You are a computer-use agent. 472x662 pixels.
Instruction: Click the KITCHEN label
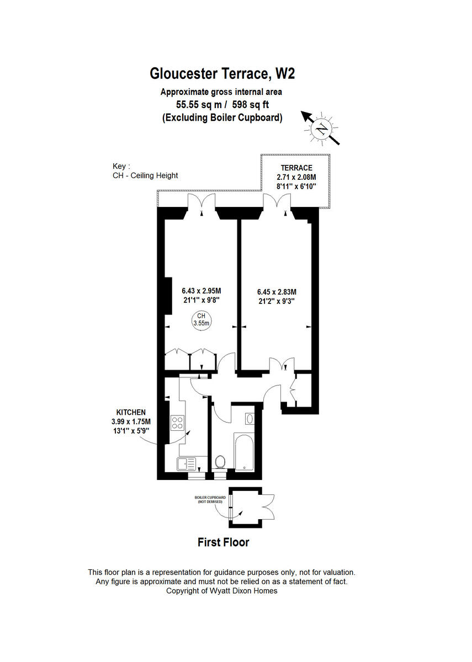(131, 412)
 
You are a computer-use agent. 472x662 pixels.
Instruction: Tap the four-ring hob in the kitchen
(178, 423)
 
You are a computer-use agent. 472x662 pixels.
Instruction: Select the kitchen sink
(187, 463)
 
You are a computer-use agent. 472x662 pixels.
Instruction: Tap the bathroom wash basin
(249, 419)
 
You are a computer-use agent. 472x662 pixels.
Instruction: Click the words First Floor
(223, 542)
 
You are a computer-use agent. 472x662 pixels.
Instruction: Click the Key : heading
(121, 165)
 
